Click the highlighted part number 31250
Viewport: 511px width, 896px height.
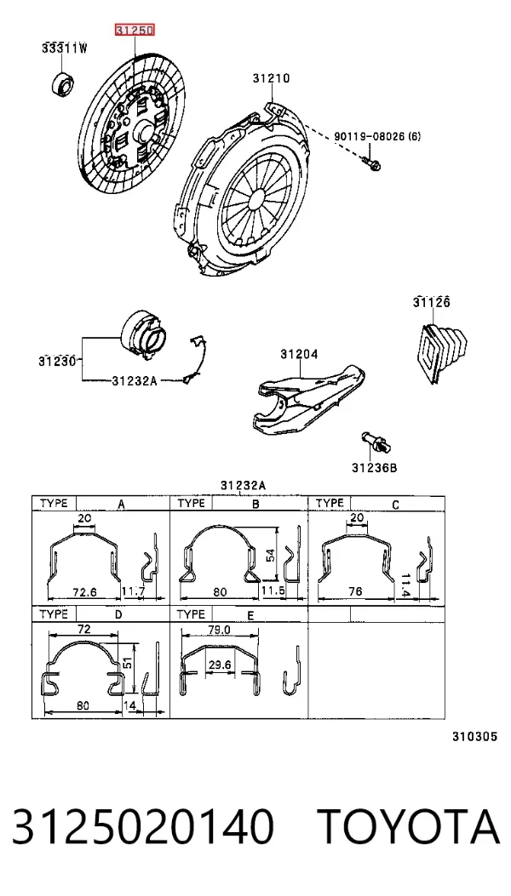(x=135, y=31)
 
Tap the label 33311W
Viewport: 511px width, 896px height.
(x=65, y=49)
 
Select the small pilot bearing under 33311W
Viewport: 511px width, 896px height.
(x=62, y=84)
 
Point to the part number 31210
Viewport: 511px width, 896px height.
(x=271, y=78)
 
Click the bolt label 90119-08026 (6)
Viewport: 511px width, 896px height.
(x=377, y=137)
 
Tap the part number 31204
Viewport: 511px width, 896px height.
(x=299, y=355)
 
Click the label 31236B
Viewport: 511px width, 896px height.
(x=374, y=468)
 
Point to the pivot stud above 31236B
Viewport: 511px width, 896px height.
(x=374, y=442)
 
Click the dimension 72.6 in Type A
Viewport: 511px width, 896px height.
(x=84, y=592)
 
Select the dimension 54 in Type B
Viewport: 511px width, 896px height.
(x=271, y=554)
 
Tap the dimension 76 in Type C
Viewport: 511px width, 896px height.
(x=355, y=591)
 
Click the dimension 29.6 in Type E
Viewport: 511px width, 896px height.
(x=220, y=665)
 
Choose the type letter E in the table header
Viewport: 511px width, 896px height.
(x=250, y=615)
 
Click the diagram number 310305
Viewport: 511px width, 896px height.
(x=474, y=737)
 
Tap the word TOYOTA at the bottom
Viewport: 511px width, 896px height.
(x=409, y=827)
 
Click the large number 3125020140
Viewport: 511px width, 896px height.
(x=142, y=827)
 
